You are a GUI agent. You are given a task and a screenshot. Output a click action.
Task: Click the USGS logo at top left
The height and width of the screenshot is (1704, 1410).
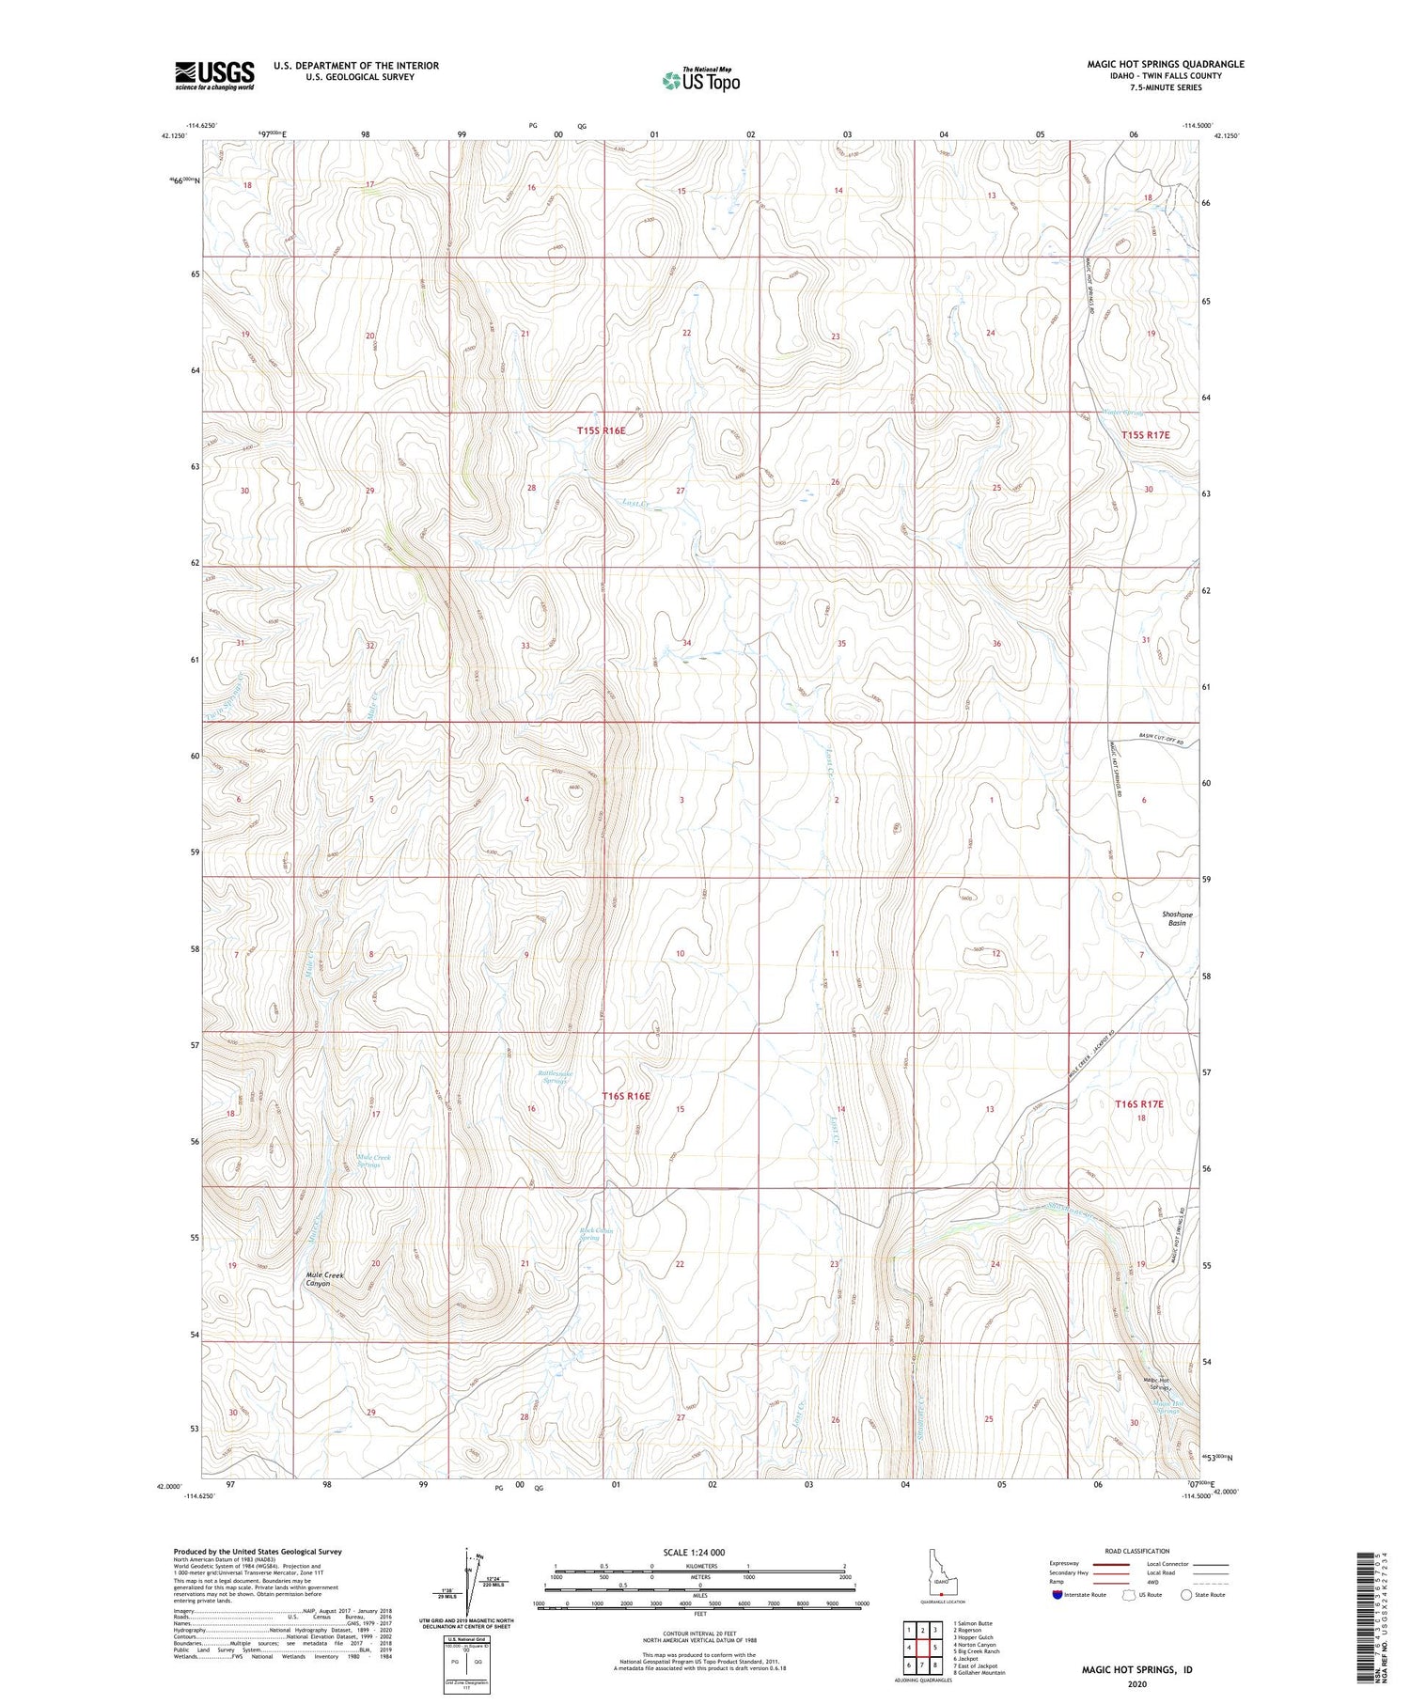pyautogui.click(x=214, y=75)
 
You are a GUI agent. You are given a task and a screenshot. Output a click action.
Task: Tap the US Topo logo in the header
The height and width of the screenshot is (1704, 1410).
pyautogui.click(x=700, y=81)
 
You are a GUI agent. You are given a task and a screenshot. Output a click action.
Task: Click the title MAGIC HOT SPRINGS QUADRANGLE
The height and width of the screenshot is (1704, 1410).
pyautogui.click(x=1166, y=64)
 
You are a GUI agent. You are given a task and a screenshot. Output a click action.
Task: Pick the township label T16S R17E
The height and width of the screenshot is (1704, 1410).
pyautogui.click(x=1138, y=1104)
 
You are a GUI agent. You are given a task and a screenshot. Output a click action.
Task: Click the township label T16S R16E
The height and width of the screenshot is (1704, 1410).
pyautogui.click(x=625, y=1096)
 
